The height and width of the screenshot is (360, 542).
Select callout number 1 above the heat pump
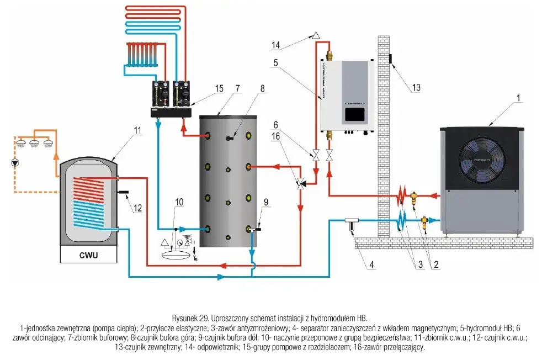pos(518,98)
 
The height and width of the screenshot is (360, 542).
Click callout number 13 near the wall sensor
pos(416,87)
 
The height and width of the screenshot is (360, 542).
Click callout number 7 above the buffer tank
pos(237,88)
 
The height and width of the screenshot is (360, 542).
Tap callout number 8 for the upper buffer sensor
pos(262,88)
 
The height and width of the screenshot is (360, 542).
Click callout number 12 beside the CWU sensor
pos(137,208)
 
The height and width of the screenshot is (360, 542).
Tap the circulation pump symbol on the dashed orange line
pos(15,163)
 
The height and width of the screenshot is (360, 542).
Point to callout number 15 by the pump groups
pos(219,88)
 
